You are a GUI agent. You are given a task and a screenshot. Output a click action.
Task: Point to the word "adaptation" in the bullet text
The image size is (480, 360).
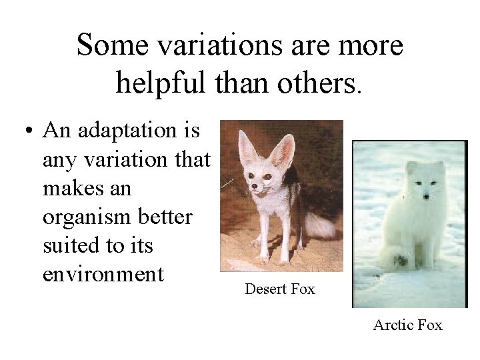[133, 132]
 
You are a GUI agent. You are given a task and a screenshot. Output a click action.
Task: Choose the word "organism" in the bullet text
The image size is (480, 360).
[87, 217]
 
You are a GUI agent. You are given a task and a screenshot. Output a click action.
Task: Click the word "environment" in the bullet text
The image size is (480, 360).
[103, 274]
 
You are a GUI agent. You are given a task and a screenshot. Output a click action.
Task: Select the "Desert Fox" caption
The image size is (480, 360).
[280, 289]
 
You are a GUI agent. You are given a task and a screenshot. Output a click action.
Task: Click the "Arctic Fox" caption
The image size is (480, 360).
[408, 325]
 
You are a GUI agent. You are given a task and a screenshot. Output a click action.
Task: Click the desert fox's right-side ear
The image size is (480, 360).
[285, 150]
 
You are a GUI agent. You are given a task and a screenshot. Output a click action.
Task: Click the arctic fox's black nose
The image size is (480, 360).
[426, 197]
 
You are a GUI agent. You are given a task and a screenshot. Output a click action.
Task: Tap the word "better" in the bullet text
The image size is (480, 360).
[168, 217]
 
